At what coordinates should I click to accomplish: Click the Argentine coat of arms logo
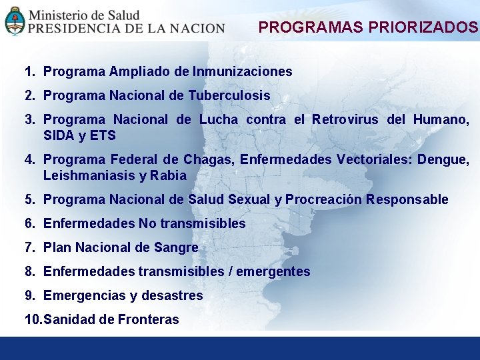click(14, 21)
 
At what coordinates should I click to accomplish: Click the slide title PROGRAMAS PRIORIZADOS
click(368, 27)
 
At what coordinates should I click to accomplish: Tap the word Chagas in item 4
click(207, 160)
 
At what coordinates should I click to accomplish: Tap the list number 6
click(29, 224)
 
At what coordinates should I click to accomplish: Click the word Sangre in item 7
click(176, 248)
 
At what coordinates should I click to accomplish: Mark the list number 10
click(32, 320)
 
